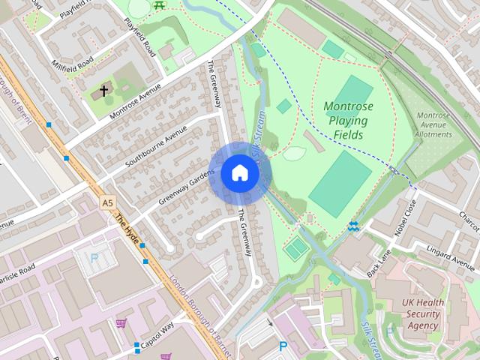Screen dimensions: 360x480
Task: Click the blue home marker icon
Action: point(239,173)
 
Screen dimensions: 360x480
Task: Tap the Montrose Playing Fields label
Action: point(349,121)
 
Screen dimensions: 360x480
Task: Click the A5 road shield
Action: point(108,202)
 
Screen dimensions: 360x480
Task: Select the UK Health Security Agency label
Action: point(424,314)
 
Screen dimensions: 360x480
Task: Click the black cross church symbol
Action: point(104,92)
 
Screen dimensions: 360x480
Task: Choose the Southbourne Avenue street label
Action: point(156,146)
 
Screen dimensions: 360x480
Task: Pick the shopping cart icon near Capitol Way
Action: point(121,323)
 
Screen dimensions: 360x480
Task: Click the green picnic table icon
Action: point(159,5)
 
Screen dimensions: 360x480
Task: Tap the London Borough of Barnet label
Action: point(196,307)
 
